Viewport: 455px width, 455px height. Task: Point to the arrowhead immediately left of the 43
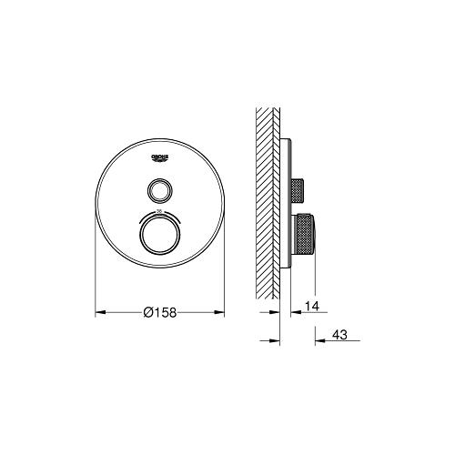coord(318,341)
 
